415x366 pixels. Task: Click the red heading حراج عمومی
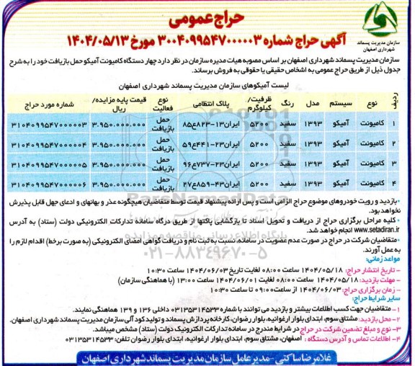[208, 12]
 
